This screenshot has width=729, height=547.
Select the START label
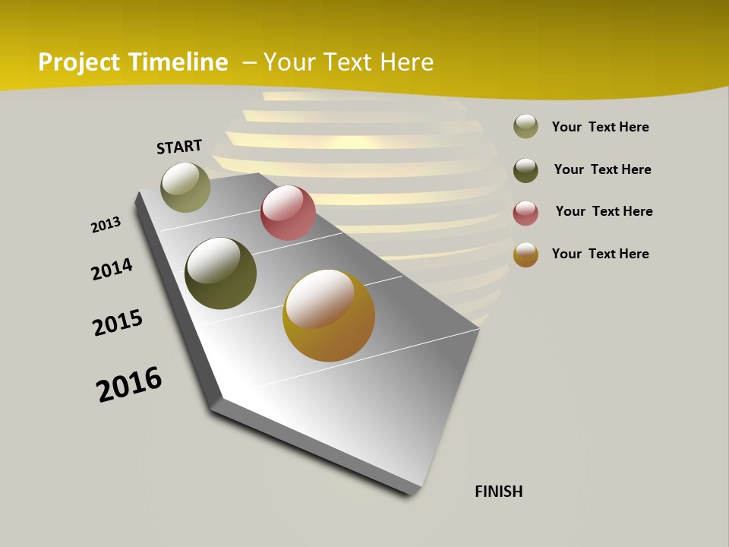click(179, 146)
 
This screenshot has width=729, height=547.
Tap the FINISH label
click(499, 492)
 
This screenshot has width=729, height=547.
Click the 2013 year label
click(106, 225)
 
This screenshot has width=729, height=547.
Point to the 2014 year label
click(112, 269)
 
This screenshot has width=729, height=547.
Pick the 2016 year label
click(129, 384)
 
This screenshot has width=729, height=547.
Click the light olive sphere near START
click(186, 187)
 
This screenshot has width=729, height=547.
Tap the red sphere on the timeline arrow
click(288, 213)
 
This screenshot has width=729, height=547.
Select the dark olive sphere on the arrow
click(220, 273)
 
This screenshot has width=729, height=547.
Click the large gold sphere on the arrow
click(329, 315)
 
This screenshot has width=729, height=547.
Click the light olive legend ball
click(525, 127)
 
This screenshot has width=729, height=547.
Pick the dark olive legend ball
click(525, 169)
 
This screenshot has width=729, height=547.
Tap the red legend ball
click(525, 212)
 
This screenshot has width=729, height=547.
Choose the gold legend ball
click(525, 255)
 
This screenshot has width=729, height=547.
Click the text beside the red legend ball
click(604, 211)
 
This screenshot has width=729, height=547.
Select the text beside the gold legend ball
click(600, 254)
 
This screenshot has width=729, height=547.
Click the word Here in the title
click(406, 62)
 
